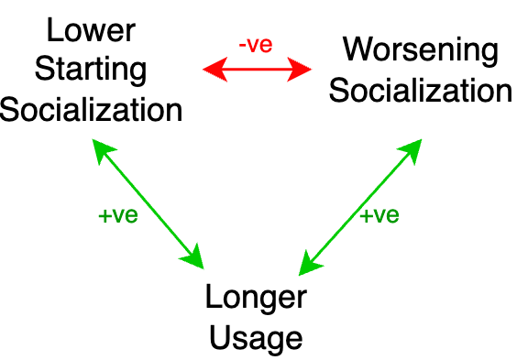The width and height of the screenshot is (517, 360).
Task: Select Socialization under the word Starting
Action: pos(91,111)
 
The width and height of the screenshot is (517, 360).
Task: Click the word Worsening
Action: pos(421,50)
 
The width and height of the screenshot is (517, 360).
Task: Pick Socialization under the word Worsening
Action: pos(421,91)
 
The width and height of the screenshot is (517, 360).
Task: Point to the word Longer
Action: pos(256,299)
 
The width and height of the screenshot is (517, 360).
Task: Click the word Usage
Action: pos(256,338)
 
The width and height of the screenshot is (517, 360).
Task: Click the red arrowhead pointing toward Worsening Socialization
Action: pos(302,67)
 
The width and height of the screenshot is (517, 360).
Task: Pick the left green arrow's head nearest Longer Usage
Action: pos(193,257)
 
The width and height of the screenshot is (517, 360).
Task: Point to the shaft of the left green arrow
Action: pos(148,204)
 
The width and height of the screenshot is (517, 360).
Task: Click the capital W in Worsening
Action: pos(357,50)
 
